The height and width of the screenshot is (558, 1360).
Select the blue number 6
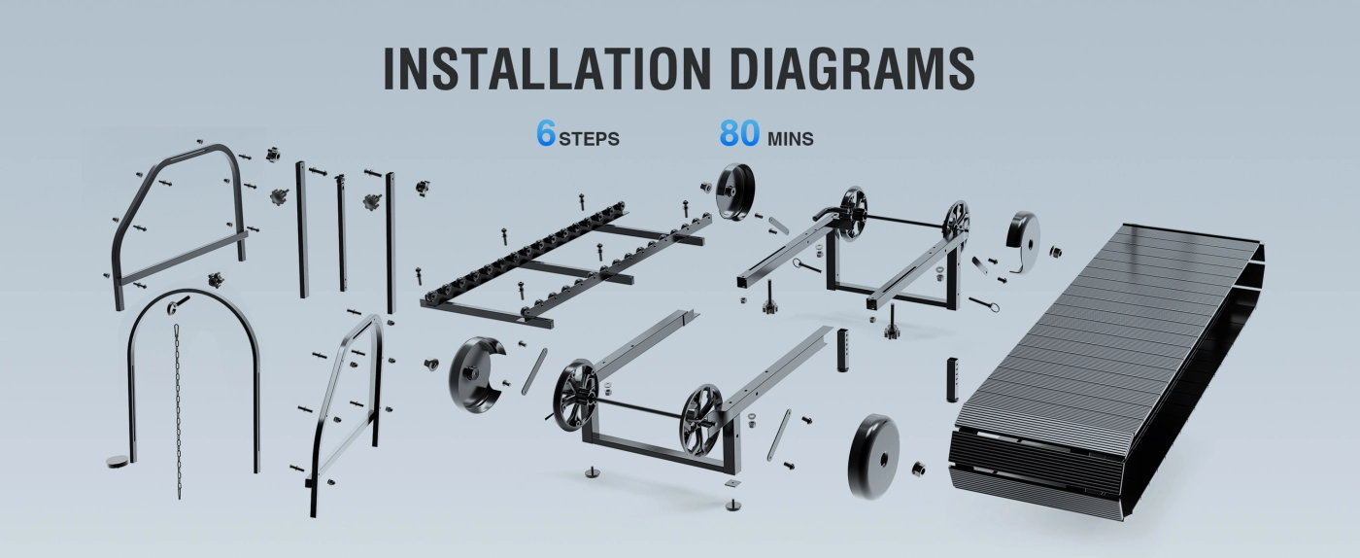pyautogui.click(x=546, y=133)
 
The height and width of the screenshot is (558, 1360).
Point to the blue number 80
pyautogui.click(x=739, y=133)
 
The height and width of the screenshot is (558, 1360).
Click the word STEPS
pyautogui.click(x=589, y=139)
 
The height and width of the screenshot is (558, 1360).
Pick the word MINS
pyautogui.click(x=791, y=139)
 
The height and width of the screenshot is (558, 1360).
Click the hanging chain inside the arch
pyautogui.click(x=178, y=411)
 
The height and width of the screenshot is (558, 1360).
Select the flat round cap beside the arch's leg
pyautogui.click(x=118, y=462)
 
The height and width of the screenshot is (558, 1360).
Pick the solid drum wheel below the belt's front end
pyautogui.click(x=873, y=457)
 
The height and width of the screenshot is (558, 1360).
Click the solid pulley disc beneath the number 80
pyautogui.click(x=736, y=191)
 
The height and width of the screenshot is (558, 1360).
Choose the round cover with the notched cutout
pyautogui.click(x=477, y=374)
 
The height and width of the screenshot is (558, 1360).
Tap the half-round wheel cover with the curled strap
pyautogui.click(x=1023, y=237)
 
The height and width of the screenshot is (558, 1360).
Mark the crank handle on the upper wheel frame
pyautogui.click(x=829, y=214)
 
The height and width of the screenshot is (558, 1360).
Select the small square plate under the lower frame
pyautogui.click(x=733, y=482)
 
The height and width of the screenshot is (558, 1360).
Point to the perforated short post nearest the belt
pyautogui.click(x=952, y=379)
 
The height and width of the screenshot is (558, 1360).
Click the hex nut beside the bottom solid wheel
pyautogui.click(x=919, y=469)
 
